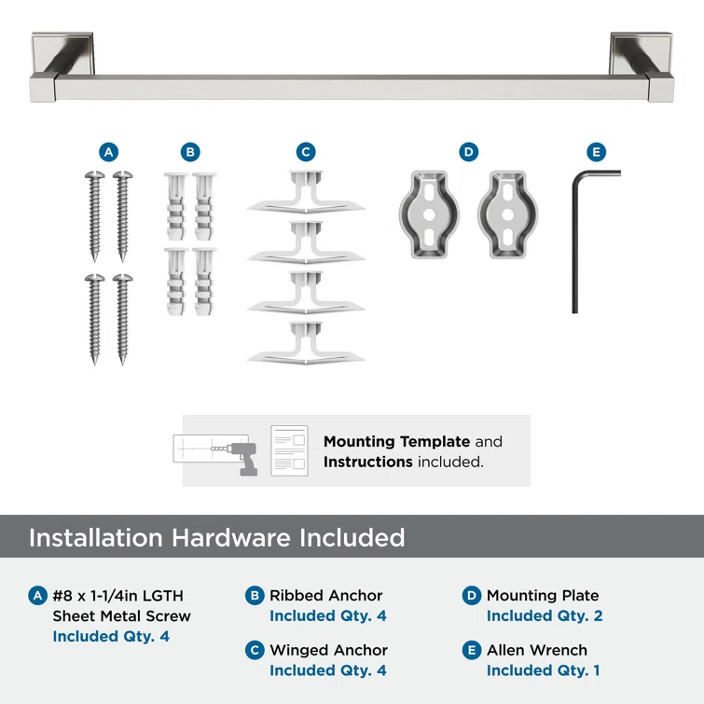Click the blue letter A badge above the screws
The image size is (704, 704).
point(109,152)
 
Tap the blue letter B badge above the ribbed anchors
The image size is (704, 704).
point(189,152)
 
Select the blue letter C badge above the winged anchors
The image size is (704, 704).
point(306,152)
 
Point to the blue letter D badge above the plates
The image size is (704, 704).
point(469,152)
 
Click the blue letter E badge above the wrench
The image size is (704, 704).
point(596,152)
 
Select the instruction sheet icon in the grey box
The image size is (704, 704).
point(289,451)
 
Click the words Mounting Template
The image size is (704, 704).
point(396,442)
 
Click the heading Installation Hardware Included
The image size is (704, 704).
point(217,538)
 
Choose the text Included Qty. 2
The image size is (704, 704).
point(545,615)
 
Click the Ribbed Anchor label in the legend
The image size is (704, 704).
point(325,595)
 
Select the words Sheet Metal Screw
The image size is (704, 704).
point(121,615)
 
